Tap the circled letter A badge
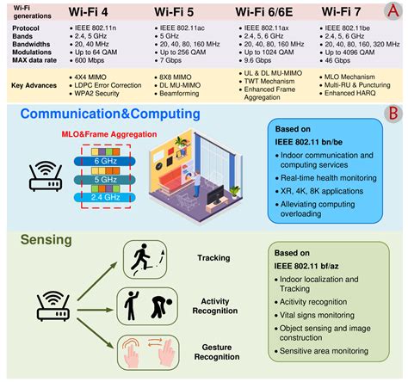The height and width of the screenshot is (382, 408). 393,13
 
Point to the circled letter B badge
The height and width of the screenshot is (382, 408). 393,114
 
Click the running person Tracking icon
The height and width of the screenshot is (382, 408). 139,257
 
